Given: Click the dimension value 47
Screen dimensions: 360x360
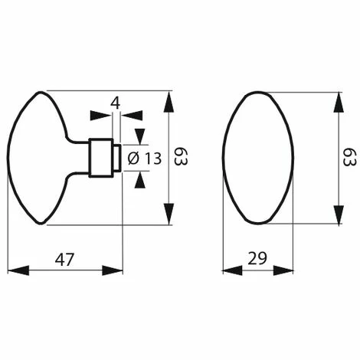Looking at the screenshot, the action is coord(64,259).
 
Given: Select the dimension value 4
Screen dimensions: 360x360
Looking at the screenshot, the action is coord(116,103).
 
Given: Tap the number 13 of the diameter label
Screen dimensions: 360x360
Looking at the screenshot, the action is coord(154,159).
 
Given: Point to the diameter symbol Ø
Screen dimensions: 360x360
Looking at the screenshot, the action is coord(133,159).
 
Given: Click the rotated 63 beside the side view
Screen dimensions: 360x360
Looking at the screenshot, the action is coord(181,156).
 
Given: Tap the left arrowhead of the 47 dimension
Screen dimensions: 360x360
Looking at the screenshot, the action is coord(18,270).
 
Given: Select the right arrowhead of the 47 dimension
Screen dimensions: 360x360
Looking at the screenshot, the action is coord(113,270).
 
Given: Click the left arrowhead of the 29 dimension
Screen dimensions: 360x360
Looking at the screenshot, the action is coord(233,270).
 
